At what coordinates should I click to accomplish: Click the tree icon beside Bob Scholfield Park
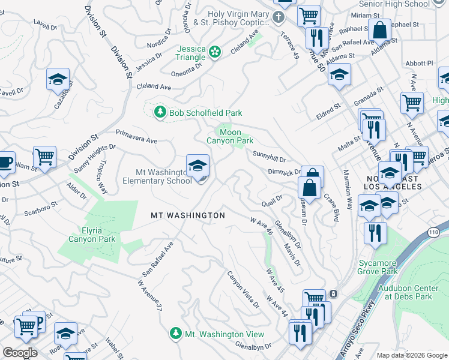(160, 112)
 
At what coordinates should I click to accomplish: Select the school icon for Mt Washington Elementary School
(197, 166)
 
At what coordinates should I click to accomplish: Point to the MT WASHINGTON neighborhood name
(187, 215)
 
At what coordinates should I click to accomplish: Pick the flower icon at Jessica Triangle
(215, 53)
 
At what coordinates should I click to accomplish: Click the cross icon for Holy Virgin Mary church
(278, 17)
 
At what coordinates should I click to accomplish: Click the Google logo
(20, 352)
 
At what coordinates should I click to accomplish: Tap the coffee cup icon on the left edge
(4, 162)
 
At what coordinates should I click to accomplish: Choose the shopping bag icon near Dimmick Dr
(312, 185)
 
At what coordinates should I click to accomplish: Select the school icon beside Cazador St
(58, 79)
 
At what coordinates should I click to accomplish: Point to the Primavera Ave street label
(136, 136)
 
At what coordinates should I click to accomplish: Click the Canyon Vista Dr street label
(243, 289)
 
